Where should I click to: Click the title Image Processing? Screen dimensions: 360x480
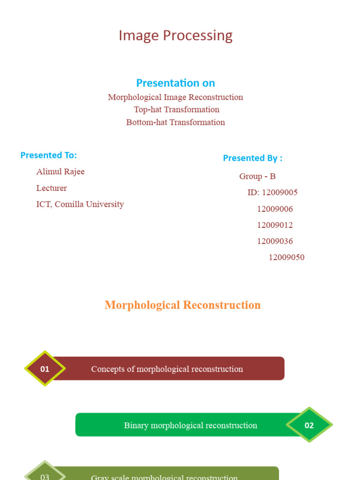coord(175,36)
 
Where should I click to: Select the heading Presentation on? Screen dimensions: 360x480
coord(175,83)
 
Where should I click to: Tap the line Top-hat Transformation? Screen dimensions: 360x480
coord(176,110)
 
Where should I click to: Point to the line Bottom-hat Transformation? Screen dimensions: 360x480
coord(175,122)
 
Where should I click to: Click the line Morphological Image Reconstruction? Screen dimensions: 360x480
coord(175,97)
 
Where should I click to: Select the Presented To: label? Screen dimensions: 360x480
coord(48,155)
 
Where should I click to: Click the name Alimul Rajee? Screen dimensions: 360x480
coord(60,172)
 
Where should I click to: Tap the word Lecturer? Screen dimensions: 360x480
coord(52,188)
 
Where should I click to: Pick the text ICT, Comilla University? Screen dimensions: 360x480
coord(80,204)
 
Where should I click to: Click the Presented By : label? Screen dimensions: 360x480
coord(252,158)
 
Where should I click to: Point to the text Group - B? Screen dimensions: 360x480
coord(257,176)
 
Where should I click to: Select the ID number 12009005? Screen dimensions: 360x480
coord(279,193)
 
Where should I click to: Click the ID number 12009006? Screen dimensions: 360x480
coord(275,209)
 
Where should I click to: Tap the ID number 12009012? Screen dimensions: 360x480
coord(275,225)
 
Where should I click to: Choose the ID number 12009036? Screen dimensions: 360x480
coord(275,241)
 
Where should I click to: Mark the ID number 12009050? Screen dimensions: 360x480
coord(286,257)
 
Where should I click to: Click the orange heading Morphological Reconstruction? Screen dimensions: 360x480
coord(182,305)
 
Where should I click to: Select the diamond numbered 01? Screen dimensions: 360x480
coord(45,369)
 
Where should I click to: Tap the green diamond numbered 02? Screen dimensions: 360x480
coord(309,425)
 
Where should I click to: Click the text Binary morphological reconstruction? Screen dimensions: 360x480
coord(190,426)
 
